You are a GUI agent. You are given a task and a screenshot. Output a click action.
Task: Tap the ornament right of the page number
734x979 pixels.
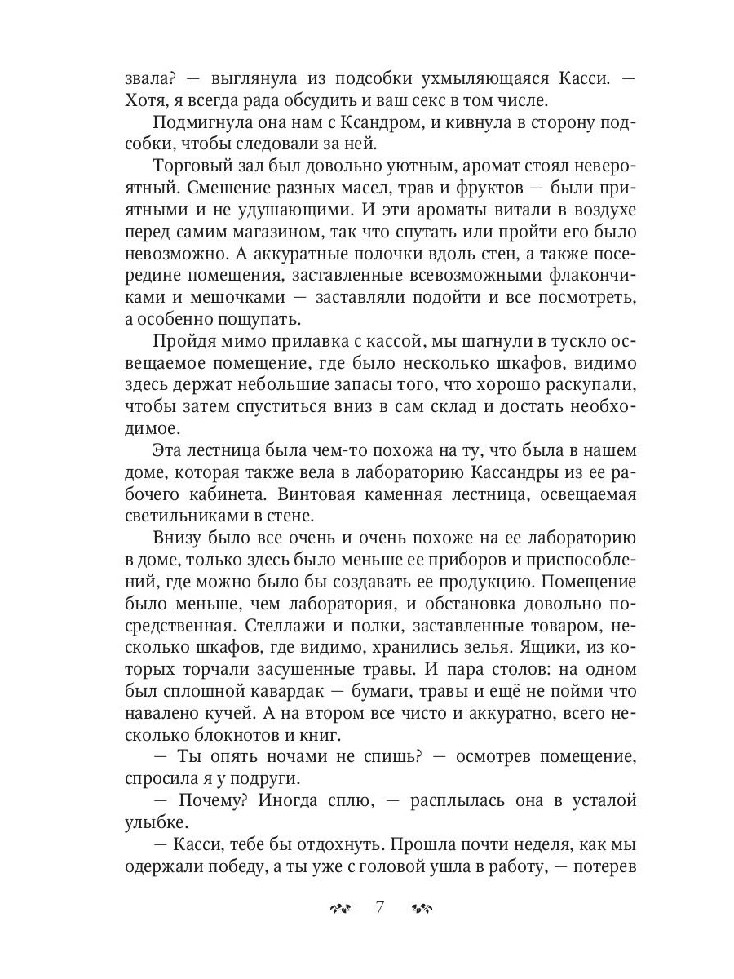tap(422, 908)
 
